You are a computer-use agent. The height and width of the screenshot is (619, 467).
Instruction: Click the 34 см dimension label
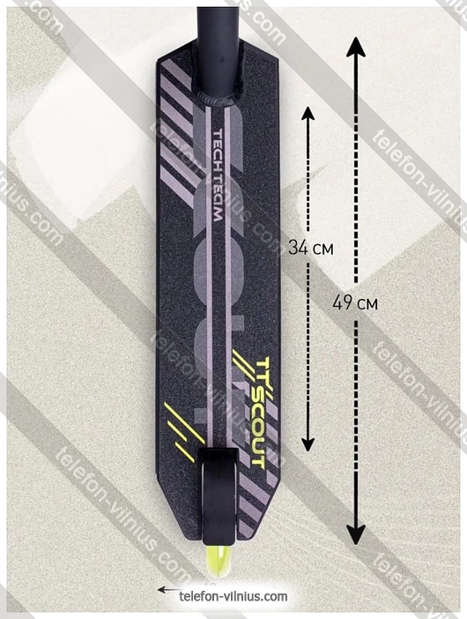coord(310,248)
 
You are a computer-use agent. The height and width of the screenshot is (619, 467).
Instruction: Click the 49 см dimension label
coord(355,302)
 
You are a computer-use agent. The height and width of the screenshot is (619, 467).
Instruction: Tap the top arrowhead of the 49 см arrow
coord(356,47)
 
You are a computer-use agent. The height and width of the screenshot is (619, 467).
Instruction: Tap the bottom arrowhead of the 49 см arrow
coord(356,533)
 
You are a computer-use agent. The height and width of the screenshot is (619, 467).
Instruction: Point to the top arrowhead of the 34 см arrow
coord(308,113)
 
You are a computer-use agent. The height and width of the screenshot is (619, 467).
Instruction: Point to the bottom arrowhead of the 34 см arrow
coord(308,444)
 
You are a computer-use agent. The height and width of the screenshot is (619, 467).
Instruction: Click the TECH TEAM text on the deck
coord(219,175)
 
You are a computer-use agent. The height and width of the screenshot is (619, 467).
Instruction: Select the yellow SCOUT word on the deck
coord(257,431)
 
